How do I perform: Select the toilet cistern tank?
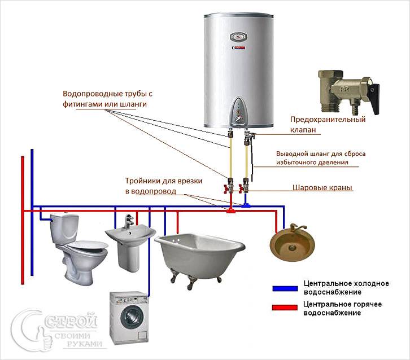coord(64,228)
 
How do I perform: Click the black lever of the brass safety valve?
coord(375,99)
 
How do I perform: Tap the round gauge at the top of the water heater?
coord(238,37)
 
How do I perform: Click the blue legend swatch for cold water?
coord(285,288)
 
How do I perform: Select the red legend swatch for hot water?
coord(285,308)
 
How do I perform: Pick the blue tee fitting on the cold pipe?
coord(245,205)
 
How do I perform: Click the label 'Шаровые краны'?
coord(322,187)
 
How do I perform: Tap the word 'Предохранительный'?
coord(328,120)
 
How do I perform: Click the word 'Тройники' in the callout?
coord(141,181)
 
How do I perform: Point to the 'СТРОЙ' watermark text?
coord(71,321)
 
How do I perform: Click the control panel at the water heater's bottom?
coord(238,112)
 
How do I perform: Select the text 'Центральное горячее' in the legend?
coord(342,304)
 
